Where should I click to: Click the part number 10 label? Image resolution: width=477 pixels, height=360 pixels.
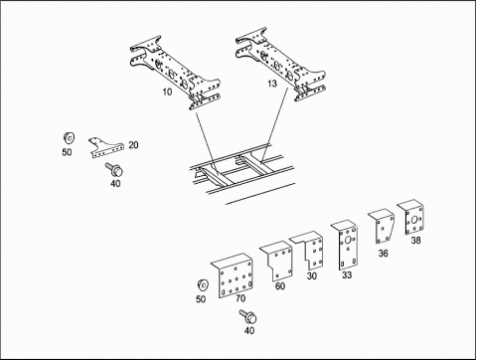pyautogui.click(x=167, y=91)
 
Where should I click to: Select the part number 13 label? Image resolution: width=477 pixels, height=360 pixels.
pyautogui.click(x=272, y=84)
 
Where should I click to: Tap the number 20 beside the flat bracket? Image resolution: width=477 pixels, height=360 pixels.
pyautogui.click(x=133, y=145)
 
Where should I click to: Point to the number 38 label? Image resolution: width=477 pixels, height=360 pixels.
pyautogui.click(x=416, y=240)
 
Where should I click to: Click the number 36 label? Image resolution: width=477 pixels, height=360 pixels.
pyautogui.click(x=384, y=254)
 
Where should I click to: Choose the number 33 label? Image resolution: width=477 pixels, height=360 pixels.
pyautogui.click(x=347, y=274)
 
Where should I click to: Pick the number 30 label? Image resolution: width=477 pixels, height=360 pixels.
pyautogui.click(x=312, y=275)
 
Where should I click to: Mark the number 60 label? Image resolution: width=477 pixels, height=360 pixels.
pyautogui.click(x=280, y=285)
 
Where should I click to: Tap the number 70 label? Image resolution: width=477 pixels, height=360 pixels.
pyautogui.click(x=240, y=298)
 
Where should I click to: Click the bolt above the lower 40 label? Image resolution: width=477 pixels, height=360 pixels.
pyautogui.click(x=248, y=316)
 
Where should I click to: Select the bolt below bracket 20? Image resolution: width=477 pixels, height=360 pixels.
pyautogui.click(x=114, y=169)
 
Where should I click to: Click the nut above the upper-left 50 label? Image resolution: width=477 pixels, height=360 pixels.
pyautogui.click(x=69, y=137)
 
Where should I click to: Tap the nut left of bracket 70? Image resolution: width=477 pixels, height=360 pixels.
pyautogui.click(x=203, y=285)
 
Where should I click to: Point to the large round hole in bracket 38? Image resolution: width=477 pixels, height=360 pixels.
pyautogui.click(x=413, y=221)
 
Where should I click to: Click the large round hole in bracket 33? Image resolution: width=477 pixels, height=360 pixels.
pyautogui.click(x=348, y=241)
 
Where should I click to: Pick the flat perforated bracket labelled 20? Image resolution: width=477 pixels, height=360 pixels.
pyautogui.click(x=106, y=148)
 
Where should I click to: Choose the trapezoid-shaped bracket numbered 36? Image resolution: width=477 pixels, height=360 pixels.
pyautogui.click(x=383, y=227)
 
